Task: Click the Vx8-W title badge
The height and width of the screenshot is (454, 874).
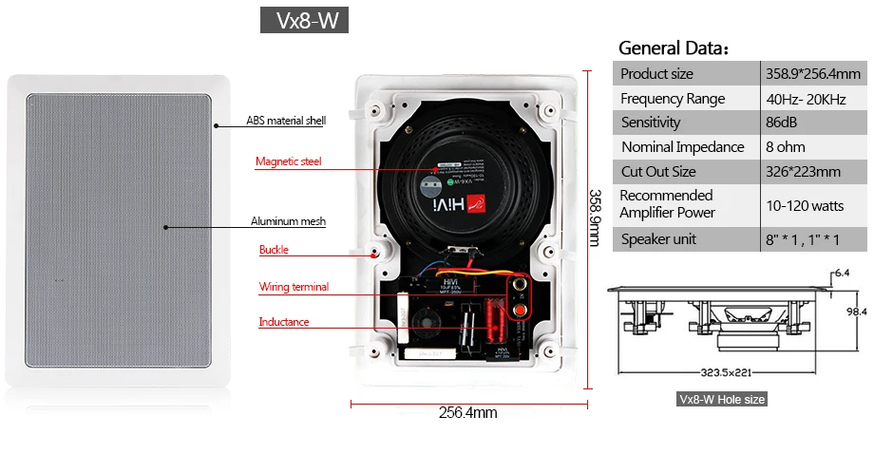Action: point(304,21)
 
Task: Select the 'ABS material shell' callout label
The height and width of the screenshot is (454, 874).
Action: point(286,122)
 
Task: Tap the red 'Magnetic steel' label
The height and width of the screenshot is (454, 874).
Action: point(288,161)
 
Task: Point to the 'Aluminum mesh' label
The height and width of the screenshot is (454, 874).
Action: point(288,221)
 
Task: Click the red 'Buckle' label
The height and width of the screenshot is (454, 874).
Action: point(274,251)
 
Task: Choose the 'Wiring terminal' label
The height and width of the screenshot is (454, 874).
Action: point(294,287)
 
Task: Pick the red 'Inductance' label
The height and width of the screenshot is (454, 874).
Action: point(284,322)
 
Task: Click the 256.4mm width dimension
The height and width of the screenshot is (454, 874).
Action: point(467,413)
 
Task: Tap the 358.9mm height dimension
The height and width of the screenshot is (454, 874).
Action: point(597,218)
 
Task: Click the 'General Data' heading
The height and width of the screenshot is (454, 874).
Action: point(673,48)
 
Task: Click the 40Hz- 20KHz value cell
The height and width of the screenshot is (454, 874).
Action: point(807,99)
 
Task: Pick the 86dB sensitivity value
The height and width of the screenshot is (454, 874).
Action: point(784,123)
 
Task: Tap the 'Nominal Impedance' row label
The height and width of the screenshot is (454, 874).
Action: point(682,147)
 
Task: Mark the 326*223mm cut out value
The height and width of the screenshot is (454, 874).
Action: point(803,172)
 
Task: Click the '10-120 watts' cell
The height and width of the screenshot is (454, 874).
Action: point(805,205)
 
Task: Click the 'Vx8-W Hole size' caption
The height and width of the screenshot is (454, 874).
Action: point(721,400)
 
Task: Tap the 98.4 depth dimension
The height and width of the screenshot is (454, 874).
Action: point(857,311)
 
